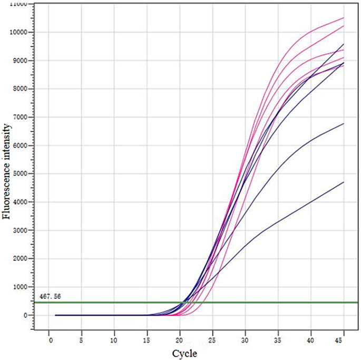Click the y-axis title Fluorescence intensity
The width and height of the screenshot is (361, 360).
click(7, 171)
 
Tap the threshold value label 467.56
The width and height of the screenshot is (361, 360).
click(50, 297)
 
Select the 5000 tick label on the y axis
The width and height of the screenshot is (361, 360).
click(21, 173)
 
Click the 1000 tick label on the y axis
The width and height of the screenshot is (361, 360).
click(21, 287)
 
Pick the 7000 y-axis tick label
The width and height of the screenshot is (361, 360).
click(21, 117)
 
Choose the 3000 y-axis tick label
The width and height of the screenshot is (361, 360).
click(21, 230)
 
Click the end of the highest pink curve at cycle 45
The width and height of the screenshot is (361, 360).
click(344, 18)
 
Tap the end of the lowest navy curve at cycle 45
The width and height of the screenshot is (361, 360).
click(344, 182)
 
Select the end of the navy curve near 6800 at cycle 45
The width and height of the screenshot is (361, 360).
click(344, 124)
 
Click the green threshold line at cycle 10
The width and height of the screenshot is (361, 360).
click(114, 302)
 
